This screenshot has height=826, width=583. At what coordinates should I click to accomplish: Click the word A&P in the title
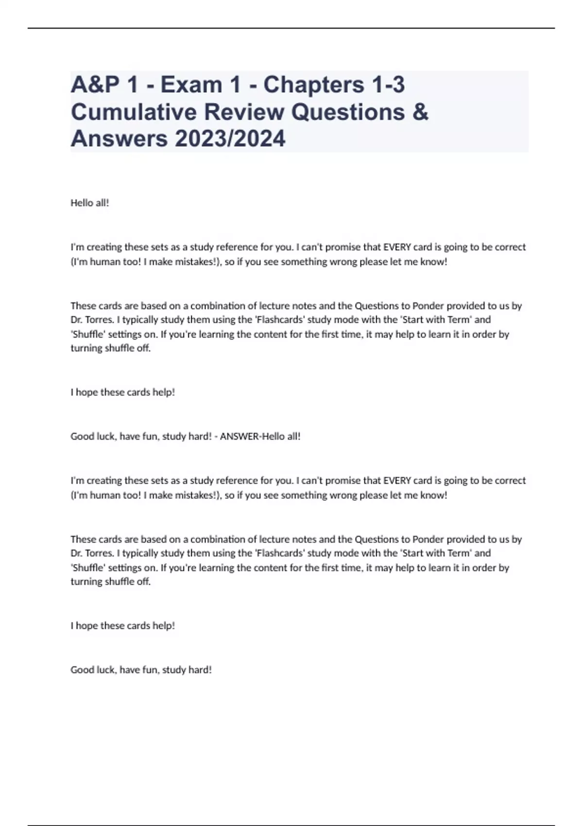pyautogui.click(x=95, y=85)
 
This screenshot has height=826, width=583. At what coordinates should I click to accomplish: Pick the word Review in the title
pyautogui.click(x=243, y=112)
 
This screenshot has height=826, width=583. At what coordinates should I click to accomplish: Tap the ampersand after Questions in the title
pyautogui.click(x=421, y=112)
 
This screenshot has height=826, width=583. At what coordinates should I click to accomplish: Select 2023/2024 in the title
pyautogui.click(x=230, y=138)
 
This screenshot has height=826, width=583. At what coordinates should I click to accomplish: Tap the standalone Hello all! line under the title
pyautogui.click(x=90, y=203)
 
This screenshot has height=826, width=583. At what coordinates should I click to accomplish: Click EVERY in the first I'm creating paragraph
pyautogui.click(x=397, y=247)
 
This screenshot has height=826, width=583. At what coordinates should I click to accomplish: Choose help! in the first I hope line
pyautogui.click(x=164, y=392)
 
